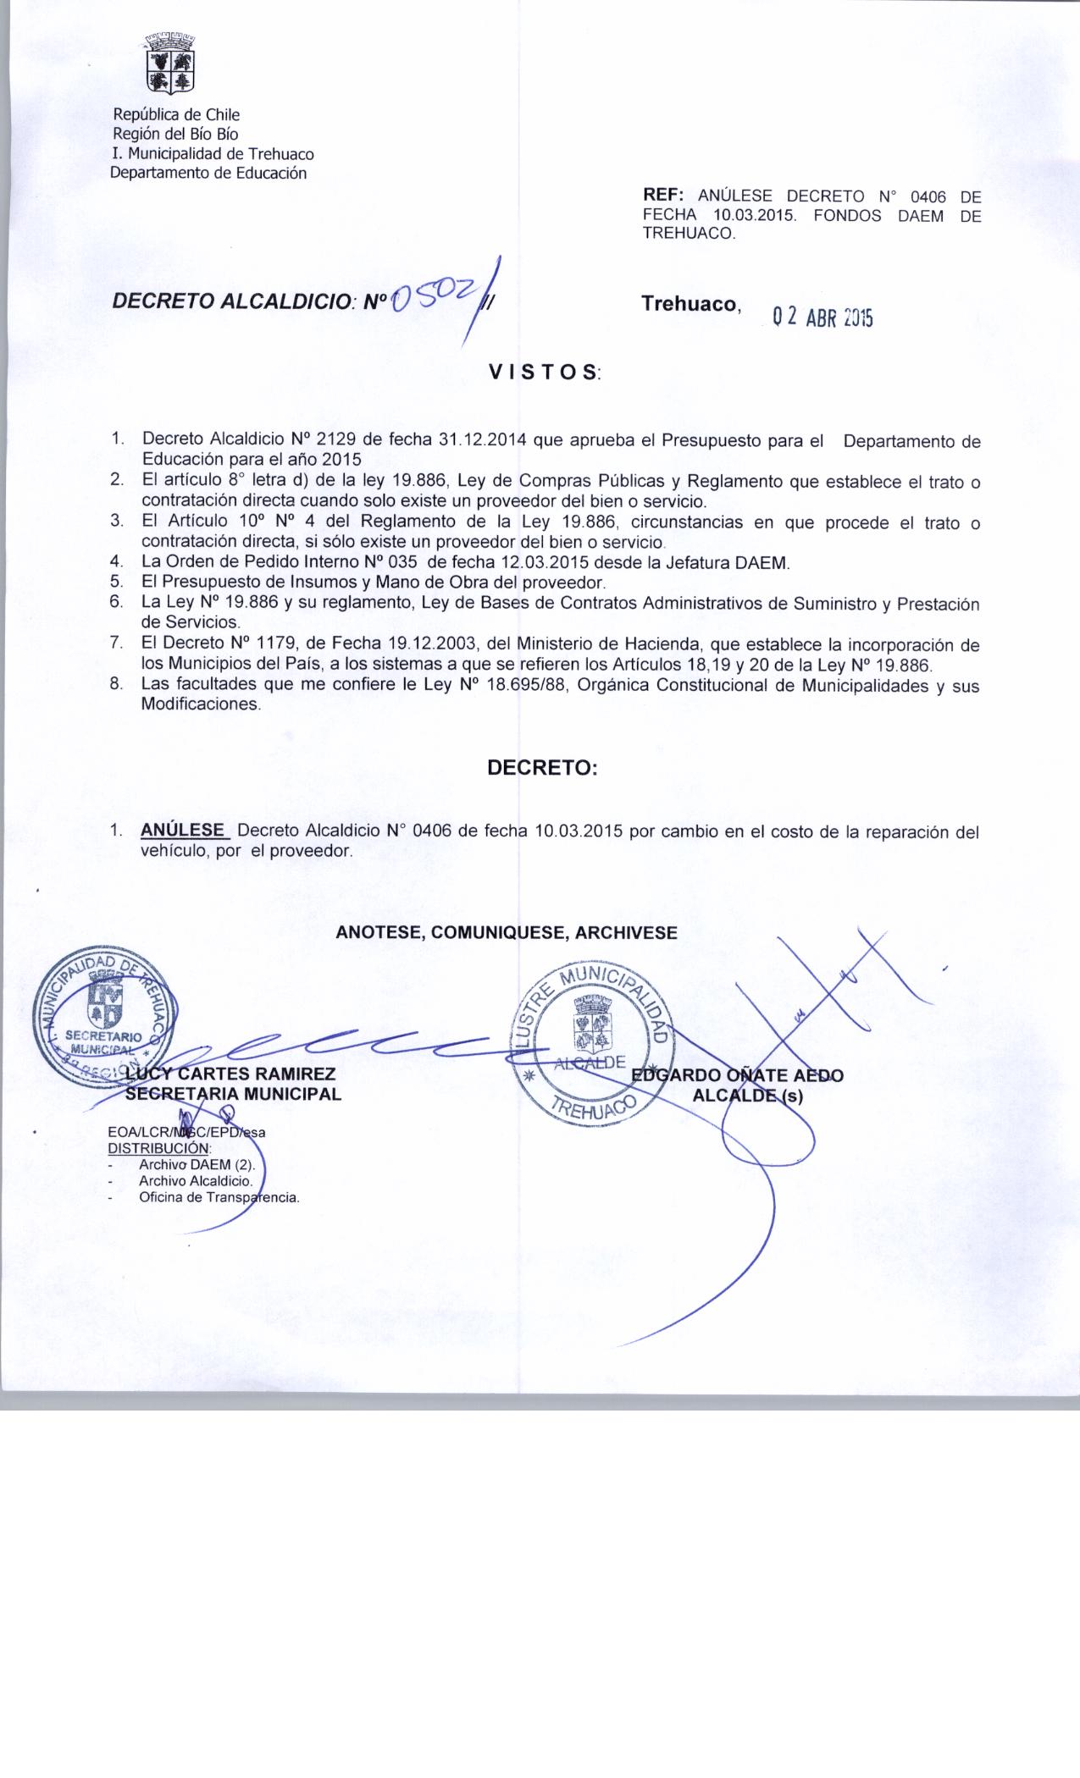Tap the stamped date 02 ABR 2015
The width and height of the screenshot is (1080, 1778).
pyautogui.click(x=820, y=317)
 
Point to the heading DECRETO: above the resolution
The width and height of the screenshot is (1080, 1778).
pyautogui.click(x=542, y=768)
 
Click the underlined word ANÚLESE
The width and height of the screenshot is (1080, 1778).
pyautogui.click(x=184, y=831)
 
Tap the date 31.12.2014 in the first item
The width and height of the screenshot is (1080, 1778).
pyautogui.click(x=484, y=440)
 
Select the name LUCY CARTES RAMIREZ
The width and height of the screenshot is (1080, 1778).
pyautogui.click(x=230, y=1074)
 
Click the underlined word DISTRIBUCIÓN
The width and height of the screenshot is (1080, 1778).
pyautogui.click(x=158, y=1148)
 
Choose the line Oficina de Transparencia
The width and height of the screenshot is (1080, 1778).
pyautogui.click(x=219, y=1197)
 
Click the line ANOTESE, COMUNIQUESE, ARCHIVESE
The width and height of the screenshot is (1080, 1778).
pyautogui.click(x=507, y=933)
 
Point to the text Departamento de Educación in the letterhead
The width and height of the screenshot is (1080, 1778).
pyautogui.click(x=208, y=174)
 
